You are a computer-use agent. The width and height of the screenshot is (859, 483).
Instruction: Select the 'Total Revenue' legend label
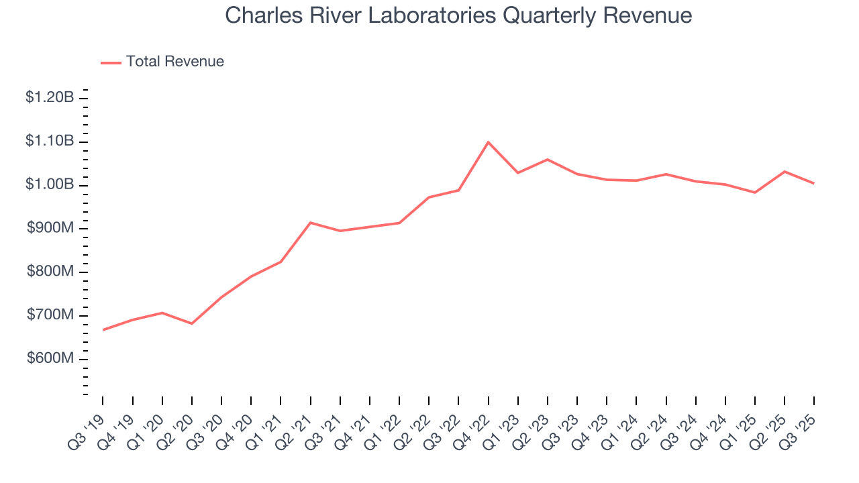click(x=175, y=62)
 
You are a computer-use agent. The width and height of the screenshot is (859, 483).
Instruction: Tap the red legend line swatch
click(x=111, y=62)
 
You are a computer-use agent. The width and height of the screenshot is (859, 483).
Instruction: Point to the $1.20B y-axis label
click(x=50, y=98)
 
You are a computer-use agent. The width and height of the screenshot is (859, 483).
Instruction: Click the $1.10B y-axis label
click(x=50, y=142)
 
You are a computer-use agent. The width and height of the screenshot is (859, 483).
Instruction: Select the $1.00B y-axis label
click(x=50, y=185)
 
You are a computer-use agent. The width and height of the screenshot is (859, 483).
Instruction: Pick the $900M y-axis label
click(x=50, y=229)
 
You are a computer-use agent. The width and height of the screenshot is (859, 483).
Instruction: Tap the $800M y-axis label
click(x=50, y=272)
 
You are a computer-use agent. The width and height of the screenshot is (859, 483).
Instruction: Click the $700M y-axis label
click(x=50, y=315)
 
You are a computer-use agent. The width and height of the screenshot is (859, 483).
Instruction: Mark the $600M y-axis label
click(x=50, y=359)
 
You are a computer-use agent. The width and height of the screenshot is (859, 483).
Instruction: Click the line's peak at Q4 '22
click(x=488, y=142)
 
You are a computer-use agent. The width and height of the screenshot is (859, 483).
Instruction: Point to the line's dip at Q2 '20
click(x=192, y=323)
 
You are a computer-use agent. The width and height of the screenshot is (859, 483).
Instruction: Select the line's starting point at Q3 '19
click(x=103, y=329)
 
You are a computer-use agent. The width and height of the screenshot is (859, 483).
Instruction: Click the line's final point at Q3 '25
click(x=813, y=183)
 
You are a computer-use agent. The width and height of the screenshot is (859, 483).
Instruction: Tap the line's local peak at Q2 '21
click(x=311, y=223)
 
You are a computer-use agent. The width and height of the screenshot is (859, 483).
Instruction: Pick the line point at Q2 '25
click(x=784, y=172)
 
